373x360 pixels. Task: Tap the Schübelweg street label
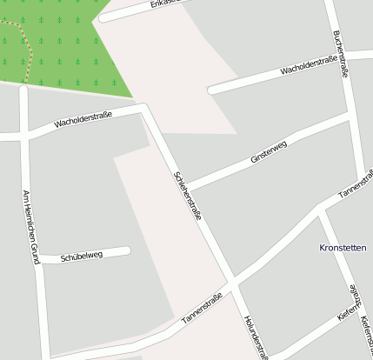coord(83,257)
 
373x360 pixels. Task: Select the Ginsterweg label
coord(268,154)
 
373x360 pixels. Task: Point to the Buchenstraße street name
coord(340,55)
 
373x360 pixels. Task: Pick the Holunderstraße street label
coord(255,336)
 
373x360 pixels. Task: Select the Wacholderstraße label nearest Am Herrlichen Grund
coord(83,119)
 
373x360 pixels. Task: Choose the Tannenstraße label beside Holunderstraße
coord(202,309)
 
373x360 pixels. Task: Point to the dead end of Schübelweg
coord(127,250)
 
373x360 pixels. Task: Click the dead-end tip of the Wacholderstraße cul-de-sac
coord(211,90)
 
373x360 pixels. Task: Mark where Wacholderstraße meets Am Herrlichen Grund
coord(24,136)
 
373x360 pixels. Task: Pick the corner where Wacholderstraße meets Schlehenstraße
coord(144,109)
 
